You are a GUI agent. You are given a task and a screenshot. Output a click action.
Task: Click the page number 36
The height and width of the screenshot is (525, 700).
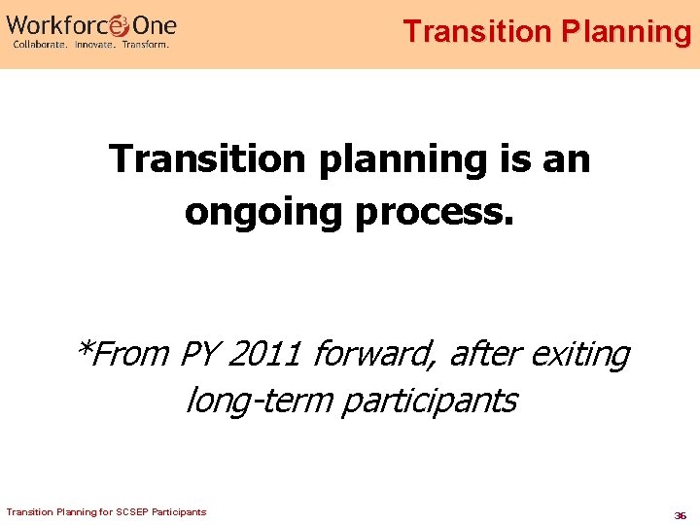click(681, 515)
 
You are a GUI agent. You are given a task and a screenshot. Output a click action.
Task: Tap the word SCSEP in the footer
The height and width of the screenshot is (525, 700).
click(134, 512)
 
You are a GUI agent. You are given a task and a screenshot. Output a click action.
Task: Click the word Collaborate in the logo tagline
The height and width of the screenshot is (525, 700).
click(40, 44)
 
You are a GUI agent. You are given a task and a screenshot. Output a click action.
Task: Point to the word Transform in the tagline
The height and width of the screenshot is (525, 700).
click(145, 44)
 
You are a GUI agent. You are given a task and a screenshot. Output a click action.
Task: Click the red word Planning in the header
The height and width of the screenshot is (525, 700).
click(626, 31)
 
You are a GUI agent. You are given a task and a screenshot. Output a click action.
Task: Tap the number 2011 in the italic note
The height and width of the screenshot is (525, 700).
click(269, 354)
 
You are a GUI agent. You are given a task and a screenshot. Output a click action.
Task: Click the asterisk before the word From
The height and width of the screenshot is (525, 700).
click(85, 348)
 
